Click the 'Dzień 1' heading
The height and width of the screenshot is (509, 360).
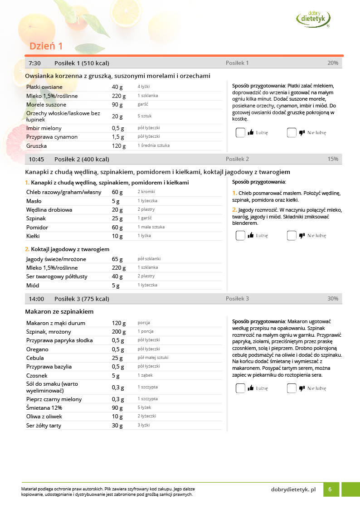point(46,46)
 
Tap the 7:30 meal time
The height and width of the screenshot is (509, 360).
point(35,63)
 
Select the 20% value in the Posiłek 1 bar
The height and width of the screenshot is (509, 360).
point(332,63)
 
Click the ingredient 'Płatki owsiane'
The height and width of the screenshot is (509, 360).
point(44,87)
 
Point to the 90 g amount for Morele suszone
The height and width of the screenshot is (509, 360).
point(117,105)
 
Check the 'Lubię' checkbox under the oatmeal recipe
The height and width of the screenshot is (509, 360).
point(240,133)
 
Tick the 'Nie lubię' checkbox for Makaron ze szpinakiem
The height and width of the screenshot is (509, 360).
point(292,388)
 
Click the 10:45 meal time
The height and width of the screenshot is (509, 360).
point(36,159)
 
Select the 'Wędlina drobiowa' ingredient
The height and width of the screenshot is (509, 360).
point(49,210)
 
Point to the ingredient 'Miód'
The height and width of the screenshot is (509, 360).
point(33,286)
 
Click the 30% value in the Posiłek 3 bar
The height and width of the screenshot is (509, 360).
point(333,299)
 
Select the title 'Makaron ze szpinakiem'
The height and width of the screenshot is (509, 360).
point(59,312)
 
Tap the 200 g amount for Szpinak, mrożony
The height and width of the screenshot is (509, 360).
point(119,332)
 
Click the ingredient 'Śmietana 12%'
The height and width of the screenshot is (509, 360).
point(44,408)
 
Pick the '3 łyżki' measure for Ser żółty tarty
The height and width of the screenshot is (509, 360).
point(144,425)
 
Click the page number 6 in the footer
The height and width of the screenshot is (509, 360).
point(330,490)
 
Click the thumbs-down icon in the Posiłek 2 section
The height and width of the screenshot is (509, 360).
point(302,235)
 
